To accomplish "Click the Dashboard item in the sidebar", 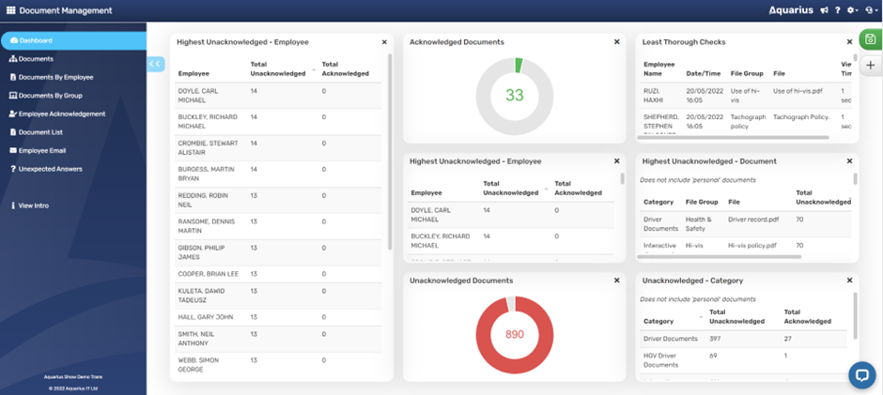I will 36,40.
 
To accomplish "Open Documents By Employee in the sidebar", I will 55,77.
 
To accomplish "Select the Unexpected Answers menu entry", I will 50,169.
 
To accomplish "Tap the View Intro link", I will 33,205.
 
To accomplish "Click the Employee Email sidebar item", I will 41,150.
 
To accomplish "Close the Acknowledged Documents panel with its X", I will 616,42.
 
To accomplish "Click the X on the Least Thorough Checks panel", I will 849,42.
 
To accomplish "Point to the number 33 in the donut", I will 515,95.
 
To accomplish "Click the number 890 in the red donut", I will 514,334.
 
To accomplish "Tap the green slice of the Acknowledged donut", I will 518,66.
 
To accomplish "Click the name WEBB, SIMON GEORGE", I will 199,364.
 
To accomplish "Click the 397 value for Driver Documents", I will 715,338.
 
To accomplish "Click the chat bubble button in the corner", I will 861,374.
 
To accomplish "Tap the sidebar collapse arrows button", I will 156,64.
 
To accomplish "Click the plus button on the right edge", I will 871,66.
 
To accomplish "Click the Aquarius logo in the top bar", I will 790,10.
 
